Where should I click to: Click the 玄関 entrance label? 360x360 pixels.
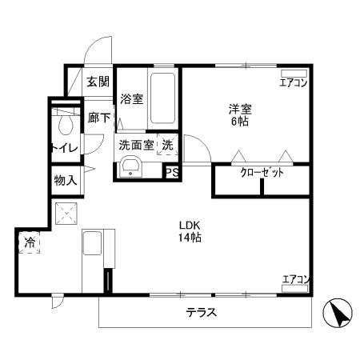[98, 81]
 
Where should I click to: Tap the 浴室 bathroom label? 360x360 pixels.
[131, 99]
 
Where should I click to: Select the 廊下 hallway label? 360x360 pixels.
[98, 116]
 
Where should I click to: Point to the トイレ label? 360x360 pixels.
[63, 147]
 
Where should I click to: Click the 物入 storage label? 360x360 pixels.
[66, 180]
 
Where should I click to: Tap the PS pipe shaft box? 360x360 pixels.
[171, 171]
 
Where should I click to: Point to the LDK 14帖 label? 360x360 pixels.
[190, 231]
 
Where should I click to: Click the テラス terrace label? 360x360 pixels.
[201, 313]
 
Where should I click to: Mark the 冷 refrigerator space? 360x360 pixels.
[30, 242]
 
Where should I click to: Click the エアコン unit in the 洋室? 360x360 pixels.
[294, 82]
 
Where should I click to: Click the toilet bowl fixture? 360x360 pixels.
[64, 123]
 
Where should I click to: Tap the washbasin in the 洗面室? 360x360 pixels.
[130, 169]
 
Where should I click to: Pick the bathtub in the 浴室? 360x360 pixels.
[164, 98]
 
